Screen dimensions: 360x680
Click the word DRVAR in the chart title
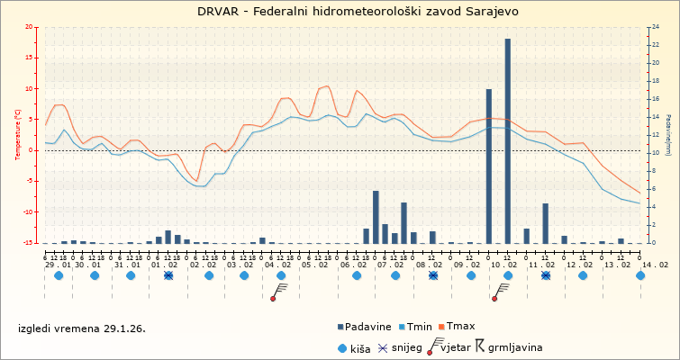point(219,12)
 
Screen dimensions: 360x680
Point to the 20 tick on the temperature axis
point(30,27)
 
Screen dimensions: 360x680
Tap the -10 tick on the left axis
point(28,212)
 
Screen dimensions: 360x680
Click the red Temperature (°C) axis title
point(19,134)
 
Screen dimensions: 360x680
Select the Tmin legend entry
point(426,326)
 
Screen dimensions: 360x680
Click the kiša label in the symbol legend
point(361,346)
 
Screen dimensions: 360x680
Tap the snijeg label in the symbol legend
point(406,346)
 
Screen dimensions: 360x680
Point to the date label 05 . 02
point(314,265)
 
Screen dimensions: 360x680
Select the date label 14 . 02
point(656,265)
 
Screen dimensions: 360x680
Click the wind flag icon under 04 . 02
point(278,290)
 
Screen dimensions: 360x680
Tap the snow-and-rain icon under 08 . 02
point(433,275)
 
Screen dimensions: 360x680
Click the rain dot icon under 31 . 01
point(131,275)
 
